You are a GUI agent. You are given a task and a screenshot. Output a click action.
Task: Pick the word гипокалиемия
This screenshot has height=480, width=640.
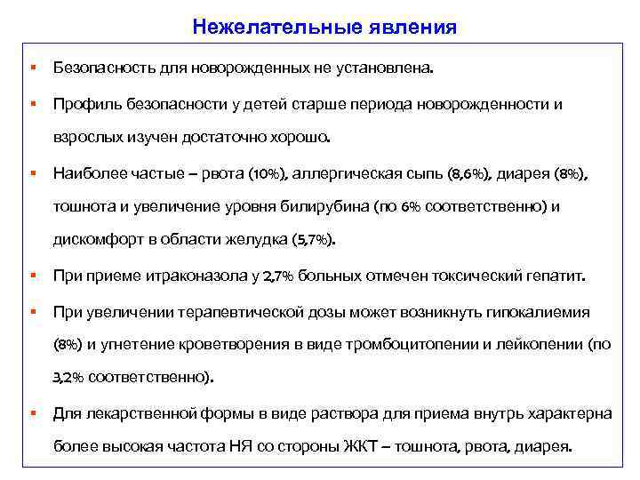tap(543, 312)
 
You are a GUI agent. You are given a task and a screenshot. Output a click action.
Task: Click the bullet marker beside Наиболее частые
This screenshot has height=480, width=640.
tap(32, 172)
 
